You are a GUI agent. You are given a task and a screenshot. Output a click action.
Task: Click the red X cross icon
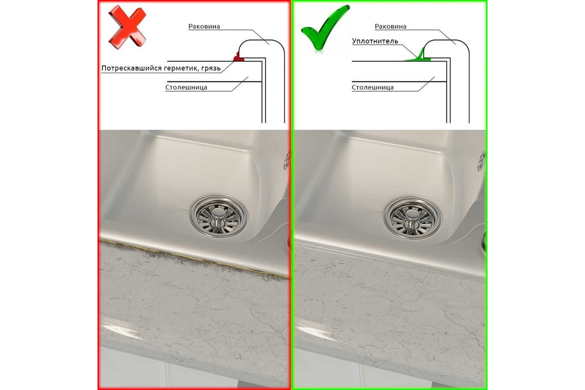click(x=127, y=27)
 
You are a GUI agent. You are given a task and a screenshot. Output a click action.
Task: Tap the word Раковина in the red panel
click(x=204, y=26)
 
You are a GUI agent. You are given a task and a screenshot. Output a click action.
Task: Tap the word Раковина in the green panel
click(x=390, y=26)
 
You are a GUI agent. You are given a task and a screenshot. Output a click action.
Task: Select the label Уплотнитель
click(x=375, y=41)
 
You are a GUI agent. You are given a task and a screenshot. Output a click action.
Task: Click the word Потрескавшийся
click(x=131, y=68)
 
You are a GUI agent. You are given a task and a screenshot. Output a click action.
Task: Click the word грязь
click(x=211, y=68)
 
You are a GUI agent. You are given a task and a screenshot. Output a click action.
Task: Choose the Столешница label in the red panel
click(x=186, y=87)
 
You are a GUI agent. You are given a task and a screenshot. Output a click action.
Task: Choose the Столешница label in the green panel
click(x=372, y=87)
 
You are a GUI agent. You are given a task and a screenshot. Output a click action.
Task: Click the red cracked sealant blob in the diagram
click(x=238, y=57)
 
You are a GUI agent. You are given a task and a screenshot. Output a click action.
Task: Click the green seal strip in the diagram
click(x=418, y=57)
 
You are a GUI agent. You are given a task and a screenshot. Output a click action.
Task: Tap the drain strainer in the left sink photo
click(x=218, y=216)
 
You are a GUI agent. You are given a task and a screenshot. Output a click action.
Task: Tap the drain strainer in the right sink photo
click(x=412, y=217)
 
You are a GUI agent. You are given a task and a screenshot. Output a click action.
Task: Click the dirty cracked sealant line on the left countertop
click(x=195, y=258)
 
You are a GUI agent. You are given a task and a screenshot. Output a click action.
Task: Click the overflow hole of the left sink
click(x=287, y=161)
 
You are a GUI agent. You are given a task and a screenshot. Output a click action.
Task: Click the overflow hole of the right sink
click(x=481, y=161)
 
